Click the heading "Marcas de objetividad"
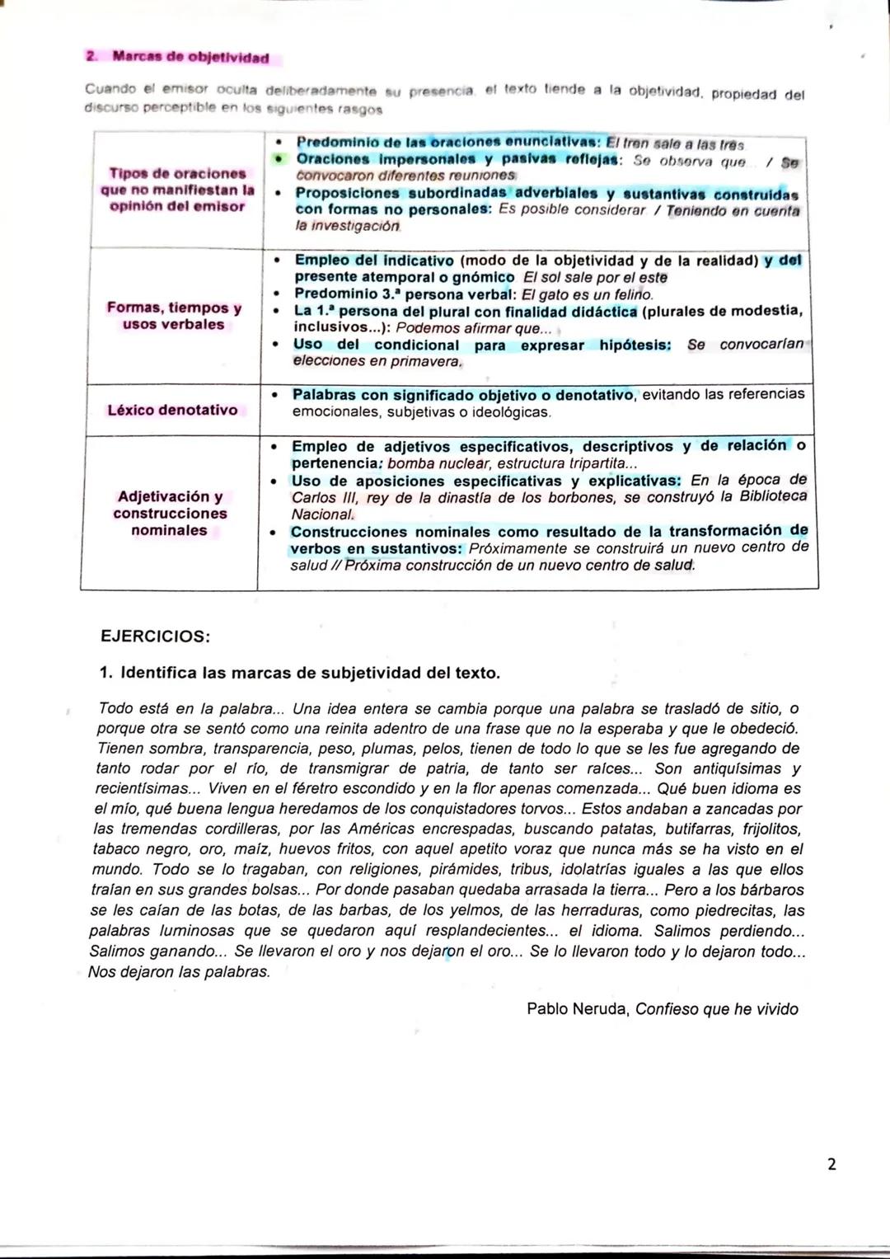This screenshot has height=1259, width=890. tap(190, 58)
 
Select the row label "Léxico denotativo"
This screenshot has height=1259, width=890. tap(172, 410)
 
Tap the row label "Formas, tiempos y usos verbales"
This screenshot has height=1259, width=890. tap(174, 316)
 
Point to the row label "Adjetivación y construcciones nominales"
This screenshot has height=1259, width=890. tap(170, 513)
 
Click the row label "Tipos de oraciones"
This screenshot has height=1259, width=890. tap(177, 173)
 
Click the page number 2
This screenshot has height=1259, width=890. tap(831, 1163)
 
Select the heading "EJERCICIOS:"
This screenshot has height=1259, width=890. tap(155, 637)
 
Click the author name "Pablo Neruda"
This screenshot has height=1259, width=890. tap(578, 1009)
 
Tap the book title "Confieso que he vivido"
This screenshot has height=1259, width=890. tap(717, 1009)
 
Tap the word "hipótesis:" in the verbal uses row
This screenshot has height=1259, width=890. tap(635, 345)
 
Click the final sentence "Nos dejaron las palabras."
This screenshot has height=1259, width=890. tap(179, 971)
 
